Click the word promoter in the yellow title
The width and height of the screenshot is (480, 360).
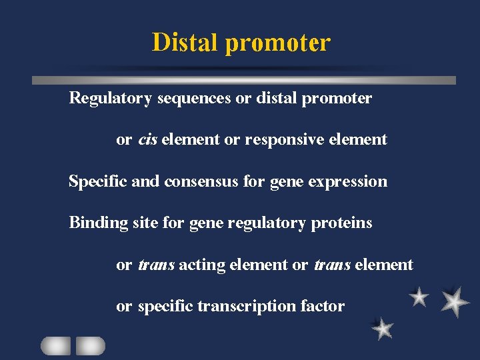[x=277, y=43]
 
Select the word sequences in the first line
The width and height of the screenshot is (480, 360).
[x=194, y=99]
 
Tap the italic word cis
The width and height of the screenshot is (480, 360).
[x=147, y=139]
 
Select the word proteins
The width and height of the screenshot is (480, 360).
[x=341, y=223]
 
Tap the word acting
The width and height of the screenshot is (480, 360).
[x=202, y=265]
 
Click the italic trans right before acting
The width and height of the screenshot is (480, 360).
[x=156, y=265]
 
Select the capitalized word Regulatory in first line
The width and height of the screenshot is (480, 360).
[x=111, y=99]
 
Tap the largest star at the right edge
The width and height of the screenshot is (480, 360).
[x=454, y=301]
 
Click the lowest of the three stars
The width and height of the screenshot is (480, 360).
[x=383, y=328]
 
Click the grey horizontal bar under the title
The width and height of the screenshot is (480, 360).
[x=244, y=80]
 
